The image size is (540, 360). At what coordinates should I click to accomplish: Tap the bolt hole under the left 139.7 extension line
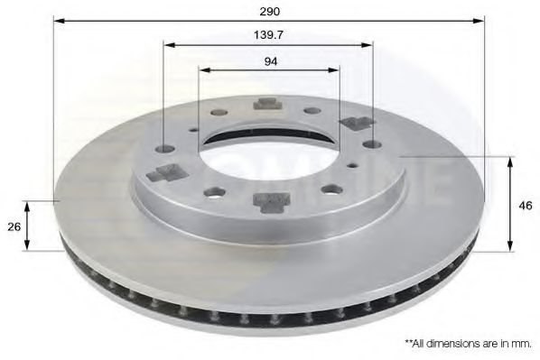[163, 149]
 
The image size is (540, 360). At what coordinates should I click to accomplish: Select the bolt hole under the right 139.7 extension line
[371, 143]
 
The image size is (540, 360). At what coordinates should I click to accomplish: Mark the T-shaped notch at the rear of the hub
[266, 103]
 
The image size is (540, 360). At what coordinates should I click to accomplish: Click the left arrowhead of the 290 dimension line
[58, 20]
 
